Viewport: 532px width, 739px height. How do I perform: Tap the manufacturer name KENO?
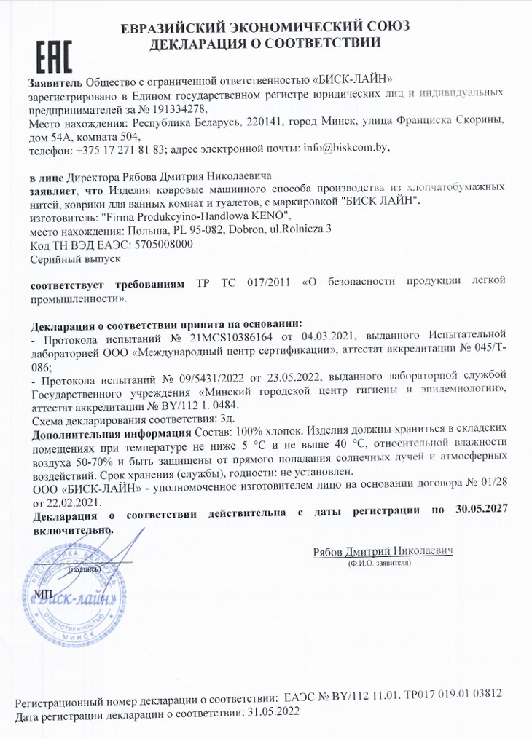click(x=273, y=216)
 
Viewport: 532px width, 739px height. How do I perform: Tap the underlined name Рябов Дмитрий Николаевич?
click(x=383, y=551)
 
